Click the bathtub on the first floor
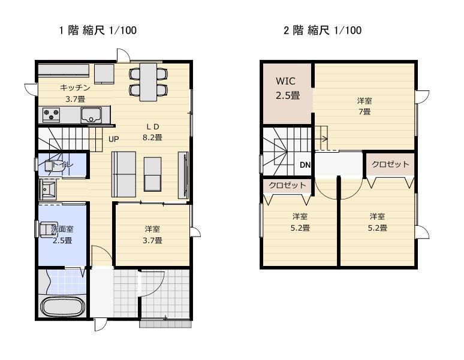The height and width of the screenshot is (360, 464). [63, 306]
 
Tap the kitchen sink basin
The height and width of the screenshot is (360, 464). [91, 114]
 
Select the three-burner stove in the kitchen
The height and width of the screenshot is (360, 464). [52, 114]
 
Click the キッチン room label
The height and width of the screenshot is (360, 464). [75, 87]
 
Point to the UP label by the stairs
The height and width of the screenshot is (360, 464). [114, 139]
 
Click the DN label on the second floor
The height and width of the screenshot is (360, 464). [305, 165]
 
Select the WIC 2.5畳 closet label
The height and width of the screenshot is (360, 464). [287, 88]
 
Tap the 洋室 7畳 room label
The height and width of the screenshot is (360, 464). [364, 107]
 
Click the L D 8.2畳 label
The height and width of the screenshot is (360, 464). [153, 132]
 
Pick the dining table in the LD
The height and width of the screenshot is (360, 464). [148, 82]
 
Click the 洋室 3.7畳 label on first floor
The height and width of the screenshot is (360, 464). [152, 235]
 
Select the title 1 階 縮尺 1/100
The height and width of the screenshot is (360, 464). [98, 30]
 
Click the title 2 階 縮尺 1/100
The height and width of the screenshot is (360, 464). [323, 30]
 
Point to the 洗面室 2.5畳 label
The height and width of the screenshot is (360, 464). [62, 235]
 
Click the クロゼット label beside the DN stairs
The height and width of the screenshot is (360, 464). [287, 185]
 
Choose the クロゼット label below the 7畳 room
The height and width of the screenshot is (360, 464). [390, 164]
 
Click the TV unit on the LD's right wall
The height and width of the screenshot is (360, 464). [183, 175]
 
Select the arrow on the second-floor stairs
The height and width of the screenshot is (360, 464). [321, 138]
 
